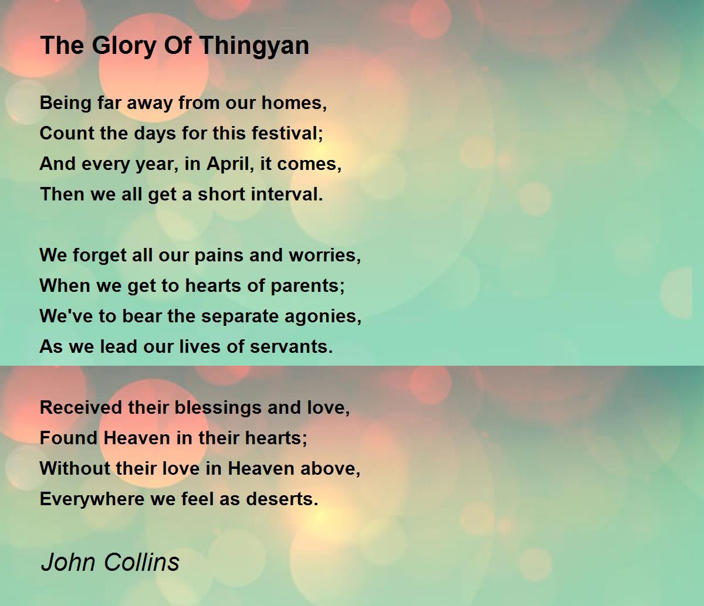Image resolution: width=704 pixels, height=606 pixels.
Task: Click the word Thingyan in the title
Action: pyautogui.click(x=255, y=46)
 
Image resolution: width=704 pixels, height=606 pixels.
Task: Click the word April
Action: pyautogui.click(x=228, y=164)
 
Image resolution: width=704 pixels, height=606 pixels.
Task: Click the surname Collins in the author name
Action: pyautogui.click(x=141, y=562)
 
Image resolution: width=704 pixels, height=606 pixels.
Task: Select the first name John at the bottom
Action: pyautogui.click(x=68, y=563)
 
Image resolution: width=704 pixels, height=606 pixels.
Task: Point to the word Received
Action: pyautogui.click(x=81, y=407)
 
